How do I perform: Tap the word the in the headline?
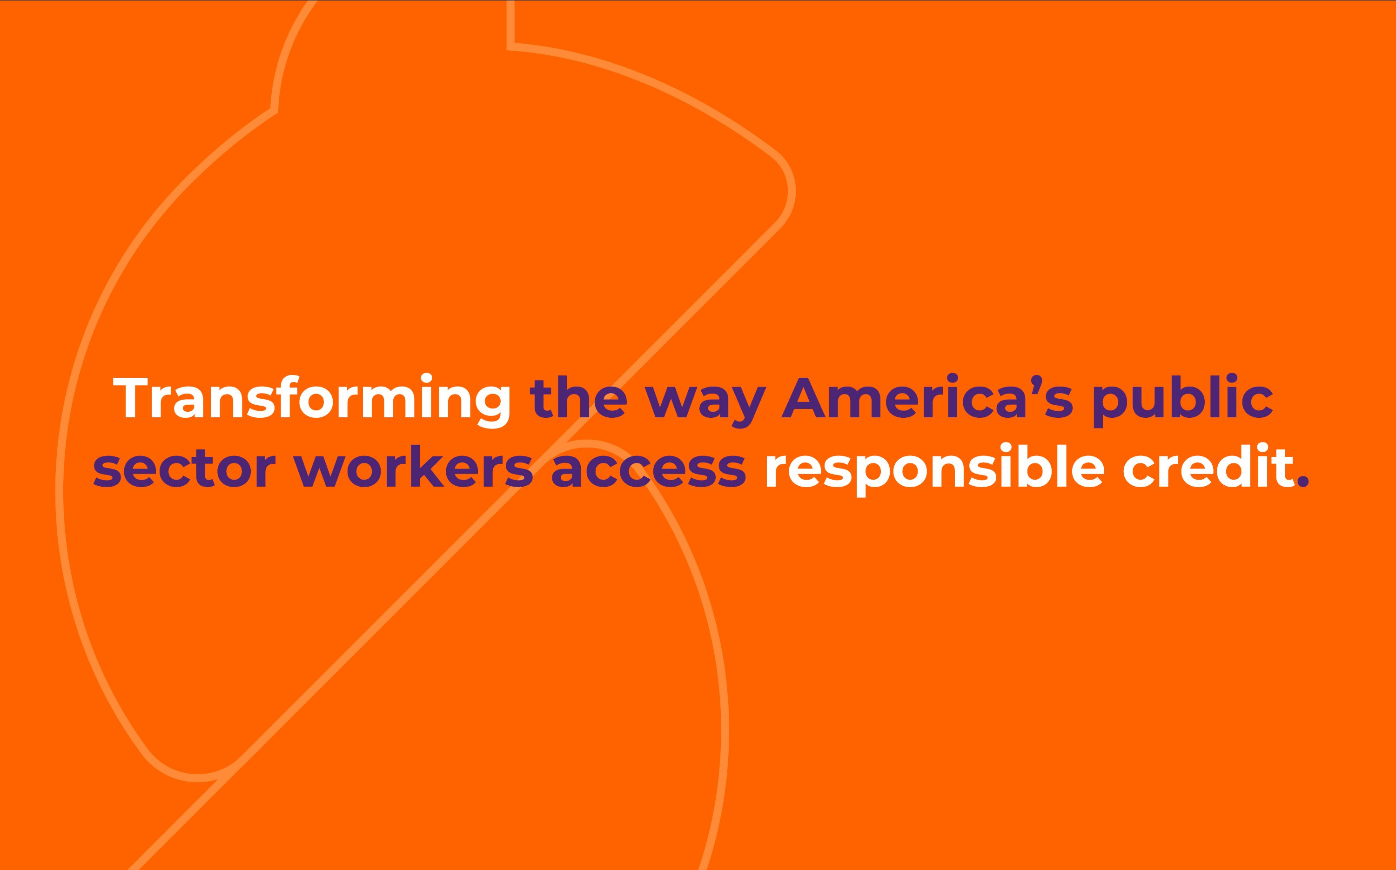tap(578, 396)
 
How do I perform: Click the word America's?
tap(926, 396)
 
